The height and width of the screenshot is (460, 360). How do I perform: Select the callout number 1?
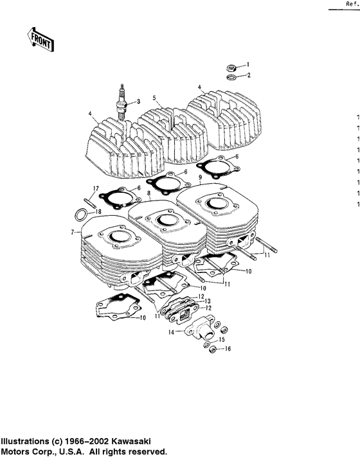click(249, 65)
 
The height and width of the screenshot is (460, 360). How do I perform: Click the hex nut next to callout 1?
click(231, 67)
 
